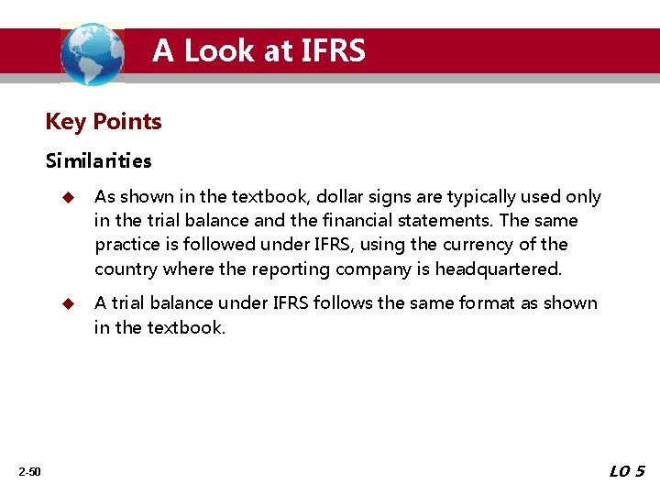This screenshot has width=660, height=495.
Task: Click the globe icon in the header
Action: click(92, 53)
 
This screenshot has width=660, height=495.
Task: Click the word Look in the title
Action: click(221, 50)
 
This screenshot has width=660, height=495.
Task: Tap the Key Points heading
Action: click(104, 122)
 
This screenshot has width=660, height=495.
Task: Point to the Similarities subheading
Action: click(99, 161)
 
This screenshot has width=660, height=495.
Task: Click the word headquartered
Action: click(500, 269)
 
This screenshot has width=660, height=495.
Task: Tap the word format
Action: click(458, 302)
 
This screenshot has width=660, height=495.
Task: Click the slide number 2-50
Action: click(29, 471)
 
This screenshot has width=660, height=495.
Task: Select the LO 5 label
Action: click(627, 471)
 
